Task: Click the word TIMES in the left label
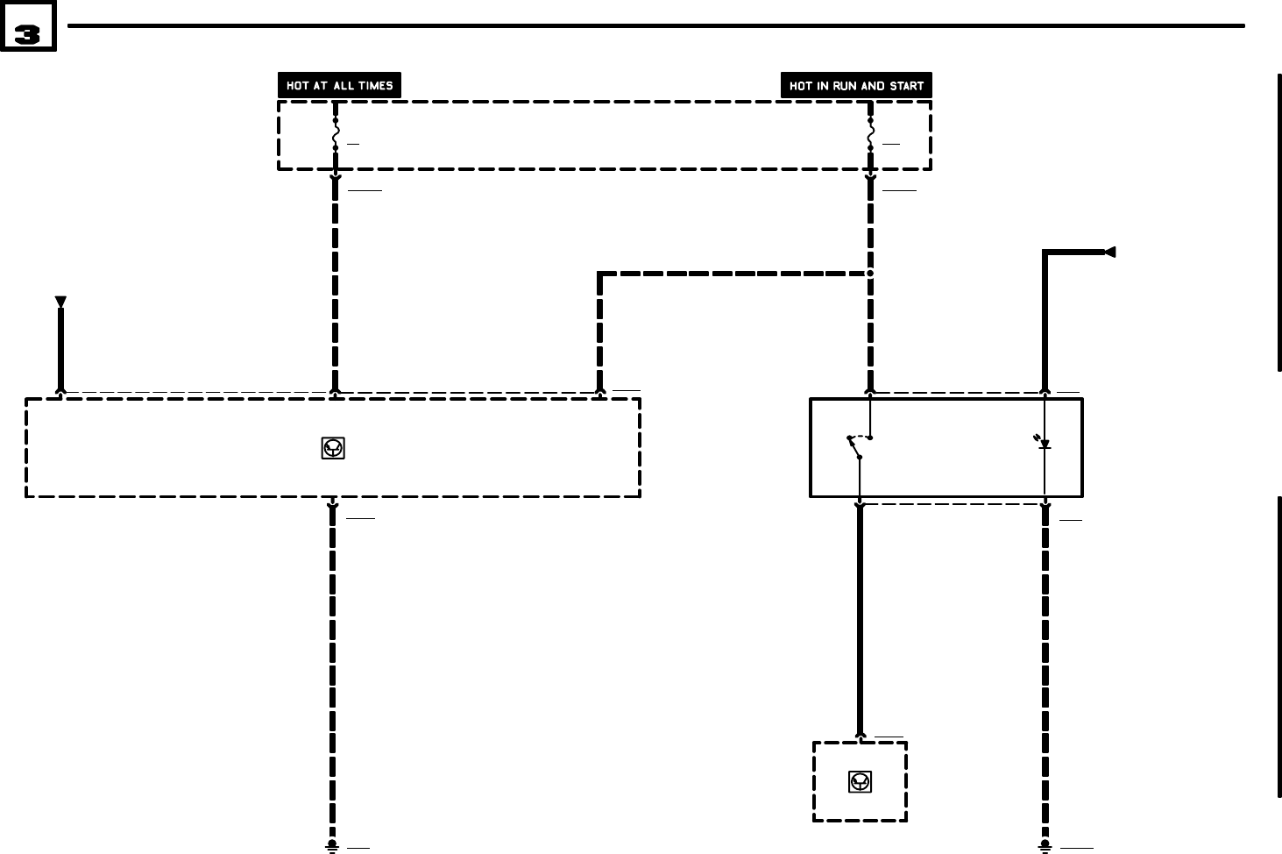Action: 374,86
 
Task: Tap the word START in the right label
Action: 907,86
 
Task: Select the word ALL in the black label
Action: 344,86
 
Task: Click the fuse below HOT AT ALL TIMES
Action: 335,134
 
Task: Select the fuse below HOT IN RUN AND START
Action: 870,134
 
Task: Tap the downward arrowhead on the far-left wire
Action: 60,302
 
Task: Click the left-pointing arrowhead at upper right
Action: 1109,253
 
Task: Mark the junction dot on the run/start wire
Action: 870,274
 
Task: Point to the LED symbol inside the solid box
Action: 1045,444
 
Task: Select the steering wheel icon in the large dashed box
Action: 333,449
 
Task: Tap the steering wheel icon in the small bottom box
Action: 861,781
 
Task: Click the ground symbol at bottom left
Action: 332,846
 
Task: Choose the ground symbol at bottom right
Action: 1045,846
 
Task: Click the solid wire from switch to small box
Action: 860,623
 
